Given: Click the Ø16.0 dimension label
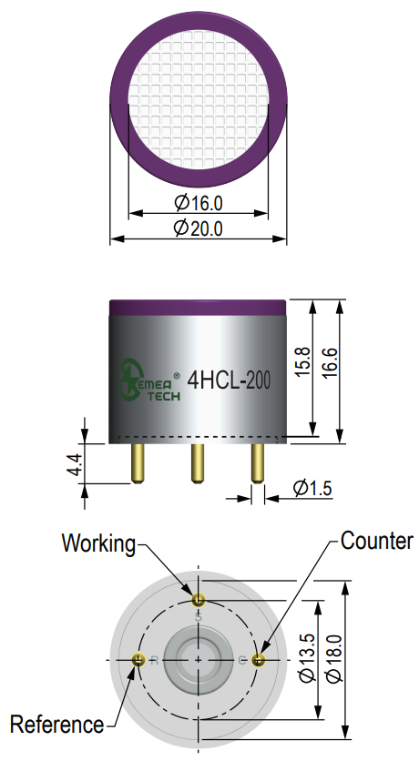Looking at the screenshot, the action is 198,202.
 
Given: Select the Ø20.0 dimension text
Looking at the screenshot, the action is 198,228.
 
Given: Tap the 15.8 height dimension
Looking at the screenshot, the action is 303,361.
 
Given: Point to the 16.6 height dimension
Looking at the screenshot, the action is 329,362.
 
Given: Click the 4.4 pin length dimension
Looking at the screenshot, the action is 75,465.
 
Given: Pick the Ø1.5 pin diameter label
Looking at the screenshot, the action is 312,488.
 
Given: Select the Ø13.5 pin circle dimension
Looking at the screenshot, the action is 307,657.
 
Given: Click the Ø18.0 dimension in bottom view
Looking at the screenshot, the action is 334,657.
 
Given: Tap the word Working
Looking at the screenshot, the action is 98,543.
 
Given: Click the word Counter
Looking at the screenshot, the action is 377,540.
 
